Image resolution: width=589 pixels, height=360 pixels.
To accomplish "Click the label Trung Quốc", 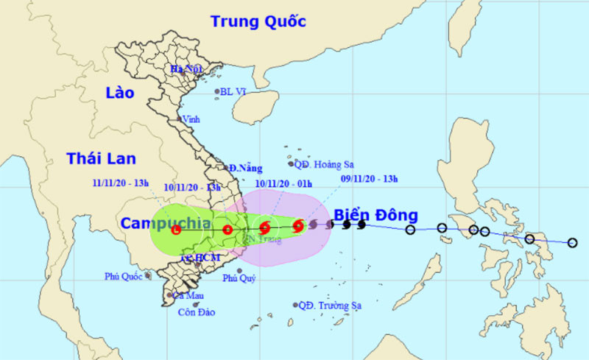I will [x=258, y=21].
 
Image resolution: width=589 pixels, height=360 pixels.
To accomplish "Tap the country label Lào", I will [x=120, y=93].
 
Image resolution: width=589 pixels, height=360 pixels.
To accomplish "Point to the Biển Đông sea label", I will [x=375, y=216].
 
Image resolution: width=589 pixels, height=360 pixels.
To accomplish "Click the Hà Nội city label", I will [x=186, y=70].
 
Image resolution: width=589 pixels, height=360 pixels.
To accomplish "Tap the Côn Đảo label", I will [x=197, y=312].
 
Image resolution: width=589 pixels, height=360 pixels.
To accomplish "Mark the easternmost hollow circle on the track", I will [x=572, y=242].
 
